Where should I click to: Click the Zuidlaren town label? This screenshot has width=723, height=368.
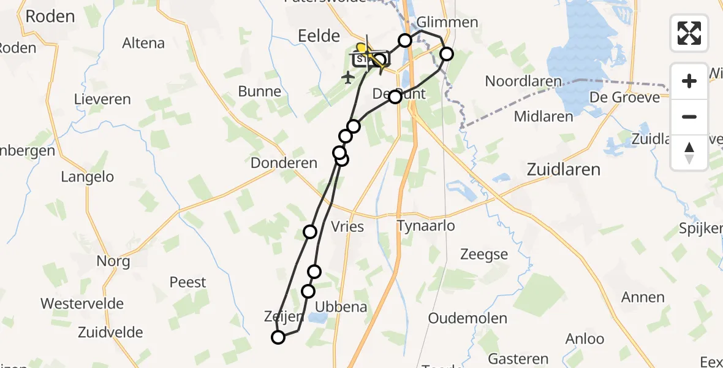click(x=564, y=169)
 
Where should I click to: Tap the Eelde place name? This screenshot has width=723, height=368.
click(x=319, y=36)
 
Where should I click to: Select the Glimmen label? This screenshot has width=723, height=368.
click(x=447, y=23)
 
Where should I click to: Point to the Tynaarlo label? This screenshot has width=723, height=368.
click(x=426, y=226)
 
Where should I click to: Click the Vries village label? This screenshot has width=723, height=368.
click(x=347, y=227)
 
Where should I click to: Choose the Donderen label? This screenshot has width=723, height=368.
click(x=284, y=163)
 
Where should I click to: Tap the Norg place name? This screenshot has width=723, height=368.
click(x=113, y=261)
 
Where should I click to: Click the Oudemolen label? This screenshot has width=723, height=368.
click(x=467, y=318)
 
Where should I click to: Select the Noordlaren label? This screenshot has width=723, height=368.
click(x=523, y=81)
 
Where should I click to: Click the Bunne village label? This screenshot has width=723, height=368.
click(x=260, y=92)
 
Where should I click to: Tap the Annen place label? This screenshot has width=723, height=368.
click(x=643, y=297)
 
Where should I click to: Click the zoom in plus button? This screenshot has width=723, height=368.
click(x=689, y=81)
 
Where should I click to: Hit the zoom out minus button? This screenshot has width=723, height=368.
click(x=689, y=117)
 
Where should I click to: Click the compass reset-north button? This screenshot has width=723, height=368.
click(x=689, y=152)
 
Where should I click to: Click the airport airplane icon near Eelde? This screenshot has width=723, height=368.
click(x=348, y=77)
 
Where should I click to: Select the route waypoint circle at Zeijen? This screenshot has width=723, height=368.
click(x=278, y=337)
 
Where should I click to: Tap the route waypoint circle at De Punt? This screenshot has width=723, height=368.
click(x=395, y=96)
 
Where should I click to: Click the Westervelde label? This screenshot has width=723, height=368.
click(x=82, y=304)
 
